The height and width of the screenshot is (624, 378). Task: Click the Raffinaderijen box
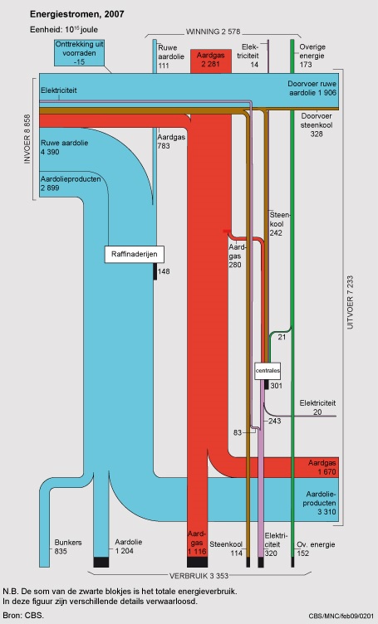135,254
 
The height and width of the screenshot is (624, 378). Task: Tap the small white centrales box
268,370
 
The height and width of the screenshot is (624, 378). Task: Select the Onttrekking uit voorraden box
79,52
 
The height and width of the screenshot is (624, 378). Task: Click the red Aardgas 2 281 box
211,61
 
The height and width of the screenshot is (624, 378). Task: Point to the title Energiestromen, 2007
77,14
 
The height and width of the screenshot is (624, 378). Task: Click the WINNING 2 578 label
214,32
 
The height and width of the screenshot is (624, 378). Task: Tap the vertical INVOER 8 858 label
27,139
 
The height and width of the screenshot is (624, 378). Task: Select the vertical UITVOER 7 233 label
350,302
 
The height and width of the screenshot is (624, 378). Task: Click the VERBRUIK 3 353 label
199,576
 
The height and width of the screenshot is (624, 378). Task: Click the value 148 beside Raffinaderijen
164,271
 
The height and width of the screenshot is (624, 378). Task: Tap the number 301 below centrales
276,386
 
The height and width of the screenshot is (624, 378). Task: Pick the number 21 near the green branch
282,337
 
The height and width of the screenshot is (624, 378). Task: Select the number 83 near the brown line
238,432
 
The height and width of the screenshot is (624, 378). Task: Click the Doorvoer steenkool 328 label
317,125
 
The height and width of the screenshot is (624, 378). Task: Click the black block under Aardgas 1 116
198,562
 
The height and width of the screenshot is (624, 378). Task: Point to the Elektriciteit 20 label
317,407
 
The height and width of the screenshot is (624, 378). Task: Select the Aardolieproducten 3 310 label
321,503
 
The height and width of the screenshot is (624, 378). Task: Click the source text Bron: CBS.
23,615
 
